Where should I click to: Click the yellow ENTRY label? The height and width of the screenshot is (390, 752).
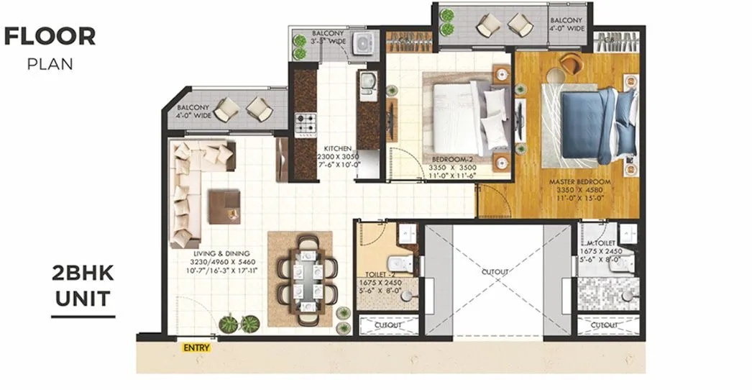click(196, 348)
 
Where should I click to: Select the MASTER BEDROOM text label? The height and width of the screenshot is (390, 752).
click(579, 181)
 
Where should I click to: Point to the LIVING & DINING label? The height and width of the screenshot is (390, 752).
click(221, 254)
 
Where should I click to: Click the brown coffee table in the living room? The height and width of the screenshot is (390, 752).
click(224, 207)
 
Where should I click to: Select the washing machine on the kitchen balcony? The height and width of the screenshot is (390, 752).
click(365, 44)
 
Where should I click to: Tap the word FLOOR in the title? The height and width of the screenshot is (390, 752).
click(50, 36)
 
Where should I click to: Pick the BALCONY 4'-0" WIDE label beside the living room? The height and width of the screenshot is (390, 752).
click(193, 111)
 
